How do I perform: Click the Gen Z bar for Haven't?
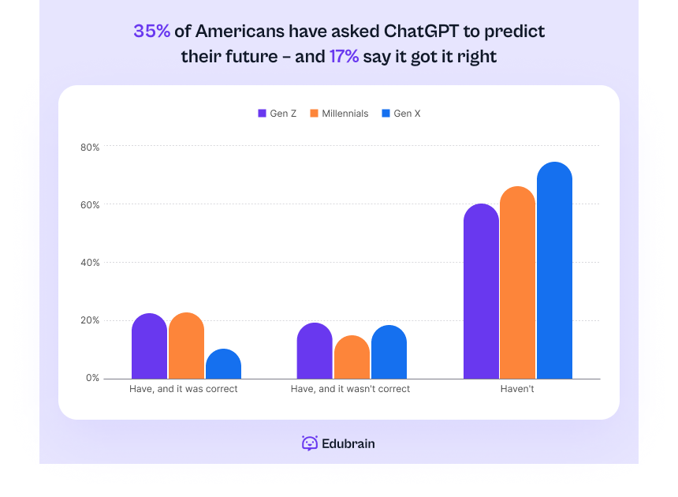(481, 292)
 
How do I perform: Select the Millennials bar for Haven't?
(518, 283)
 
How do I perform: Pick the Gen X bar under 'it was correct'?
(223, 364)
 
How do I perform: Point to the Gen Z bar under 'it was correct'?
(149, 346)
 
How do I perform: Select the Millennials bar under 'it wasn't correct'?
(352, 357)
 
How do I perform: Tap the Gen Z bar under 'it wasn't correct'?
(315, 351)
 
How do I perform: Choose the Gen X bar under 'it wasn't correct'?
(389, 352)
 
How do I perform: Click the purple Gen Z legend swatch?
(263, 114)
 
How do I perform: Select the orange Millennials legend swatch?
(314, 114)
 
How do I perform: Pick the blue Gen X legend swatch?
(386, 114)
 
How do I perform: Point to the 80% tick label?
(90, 147)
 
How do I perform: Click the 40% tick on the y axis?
(90, 263)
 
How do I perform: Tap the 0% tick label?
(93, 378)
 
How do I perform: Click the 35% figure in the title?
(152, 32)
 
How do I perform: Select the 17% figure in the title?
(344, 57)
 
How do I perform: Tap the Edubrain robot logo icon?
(310, 443)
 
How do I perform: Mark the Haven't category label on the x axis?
(517, 389)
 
